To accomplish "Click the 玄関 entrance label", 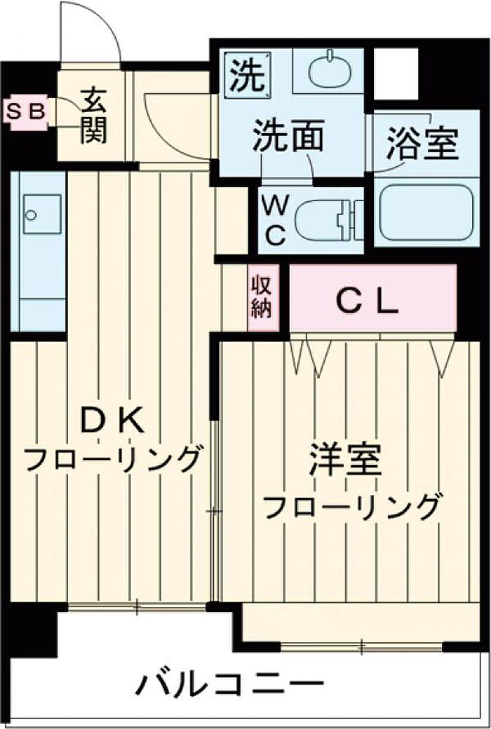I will tap(93, 116).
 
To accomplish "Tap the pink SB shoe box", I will tap(26, 111).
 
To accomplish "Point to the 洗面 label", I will tap(289, 135).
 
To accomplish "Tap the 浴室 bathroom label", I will tap(422, 145).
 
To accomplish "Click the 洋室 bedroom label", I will tap(345, 463).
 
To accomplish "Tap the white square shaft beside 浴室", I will tap(396, 73).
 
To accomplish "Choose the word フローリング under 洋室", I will tap(353, 505).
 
